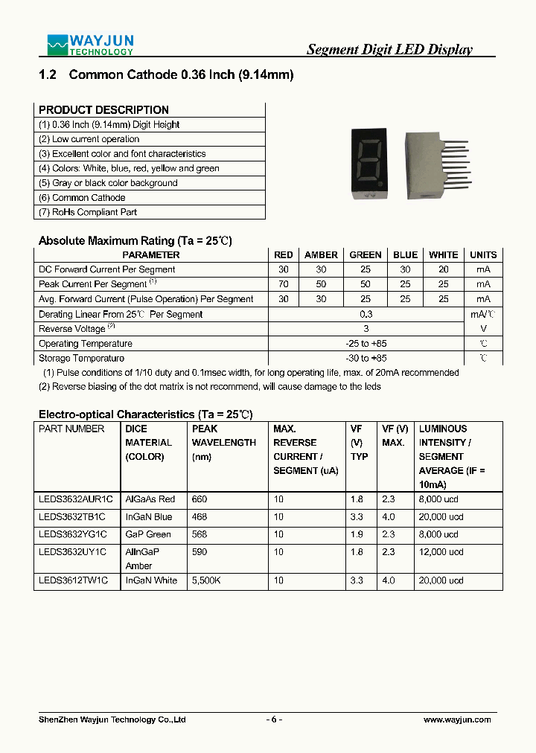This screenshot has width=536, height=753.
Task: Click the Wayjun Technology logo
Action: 90,45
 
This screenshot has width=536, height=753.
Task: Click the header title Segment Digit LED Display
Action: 389,50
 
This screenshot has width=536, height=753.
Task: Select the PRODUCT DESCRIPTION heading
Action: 103,109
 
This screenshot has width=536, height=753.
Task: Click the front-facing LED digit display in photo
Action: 371,164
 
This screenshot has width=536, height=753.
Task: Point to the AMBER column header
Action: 321,254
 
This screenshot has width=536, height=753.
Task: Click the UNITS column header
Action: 483,254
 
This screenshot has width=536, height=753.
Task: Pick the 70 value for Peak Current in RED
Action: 283,284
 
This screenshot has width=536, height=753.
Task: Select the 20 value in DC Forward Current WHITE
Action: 444,269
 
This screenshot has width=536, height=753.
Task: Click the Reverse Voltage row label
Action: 73,329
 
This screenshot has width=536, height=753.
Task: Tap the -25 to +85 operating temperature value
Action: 366,344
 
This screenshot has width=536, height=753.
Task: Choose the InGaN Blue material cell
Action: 148,516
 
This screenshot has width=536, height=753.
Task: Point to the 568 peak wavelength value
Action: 200,534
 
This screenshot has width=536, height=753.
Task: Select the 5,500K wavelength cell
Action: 206,580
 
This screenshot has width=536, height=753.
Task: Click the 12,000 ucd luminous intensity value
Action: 441,552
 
